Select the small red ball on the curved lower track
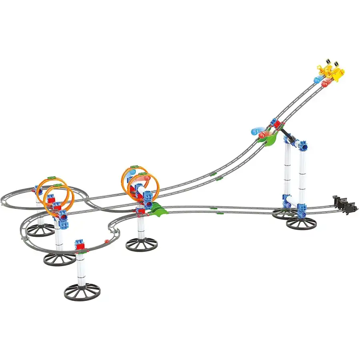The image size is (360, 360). tap(107, 241)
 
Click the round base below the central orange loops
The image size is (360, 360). tap(141, 243)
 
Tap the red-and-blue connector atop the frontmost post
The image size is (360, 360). tap(81, 245)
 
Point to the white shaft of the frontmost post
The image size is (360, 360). tap(81, 268)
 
